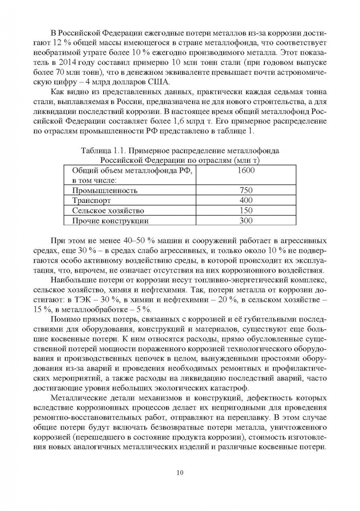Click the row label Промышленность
click(x=105, y=191)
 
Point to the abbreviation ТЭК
click(x=104, y=300)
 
